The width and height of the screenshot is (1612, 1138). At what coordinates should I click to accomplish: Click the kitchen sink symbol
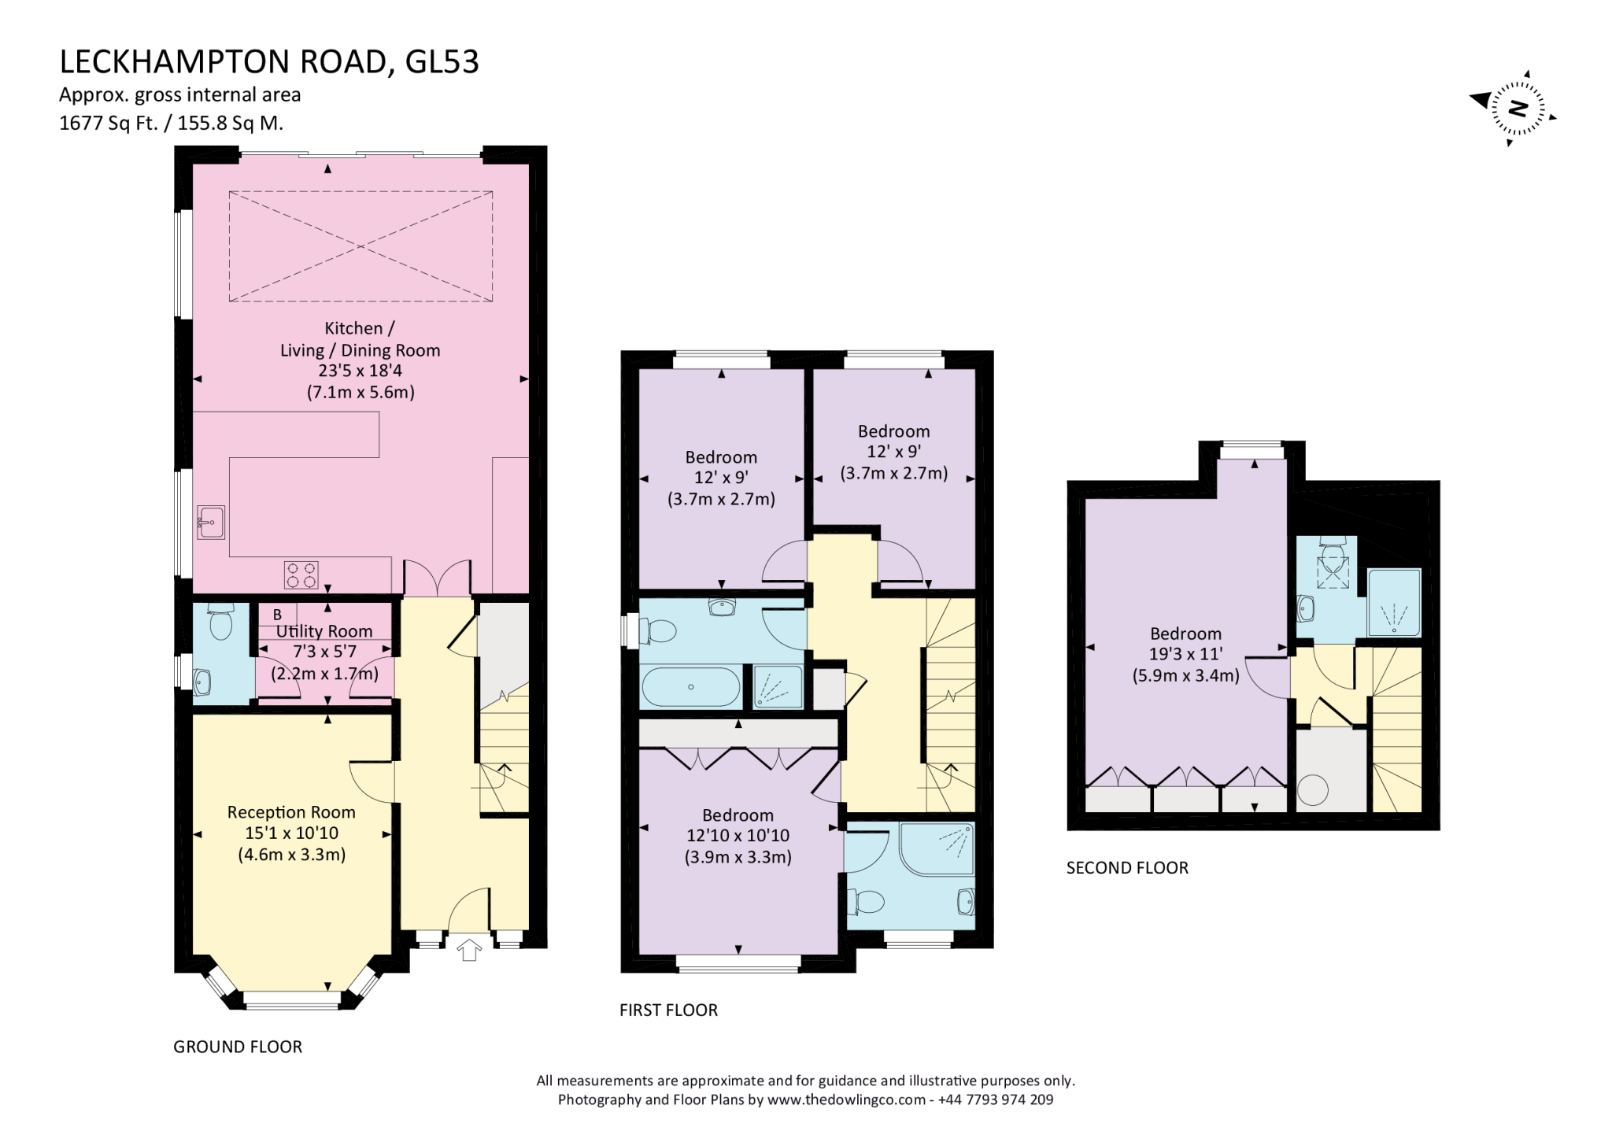coord(211,522)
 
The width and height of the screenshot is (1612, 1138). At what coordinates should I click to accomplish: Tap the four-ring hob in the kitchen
coord(301,574)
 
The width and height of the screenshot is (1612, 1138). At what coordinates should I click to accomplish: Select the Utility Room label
coord(324,631)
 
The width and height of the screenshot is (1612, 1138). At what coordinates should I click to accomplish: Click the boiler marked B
coord(277,615)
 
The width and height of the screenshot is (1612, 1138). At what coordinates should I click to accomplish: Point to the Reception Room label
coord(291,812)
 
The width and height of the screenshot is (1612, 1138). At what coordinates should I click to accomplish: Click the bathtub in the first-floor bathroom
coord(691,687)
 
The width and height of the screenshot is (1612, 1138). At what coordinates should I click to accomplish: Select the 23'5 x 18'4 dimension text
coord(360,371)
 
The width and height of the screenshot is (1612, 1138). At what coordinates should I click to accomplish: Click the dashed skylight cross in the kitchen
coord(360,246)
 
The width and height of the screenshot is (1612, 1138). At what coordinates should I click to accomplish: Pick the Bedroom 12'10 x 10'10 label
coord(738,815)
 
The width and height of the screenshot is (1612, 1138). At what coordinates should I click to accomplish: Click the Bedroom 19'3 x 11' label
coord(1185,634)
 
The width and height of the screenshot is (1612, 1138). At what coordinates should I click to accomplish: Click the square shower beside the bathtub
coord(777,687)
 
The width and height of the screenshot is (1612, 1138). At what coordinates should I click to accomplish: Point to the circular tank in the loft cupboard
coord(1312,790)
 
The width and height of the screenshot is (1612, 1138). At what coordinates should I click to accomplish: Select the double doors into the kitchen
coord(438,577)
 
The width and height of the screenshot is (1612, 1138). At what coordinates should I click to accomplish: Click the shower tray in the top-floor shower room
coord(1394,603)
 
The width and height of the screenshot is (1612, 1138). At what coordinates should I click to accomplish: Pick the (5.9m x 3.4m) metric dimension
coord(1185,674)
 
